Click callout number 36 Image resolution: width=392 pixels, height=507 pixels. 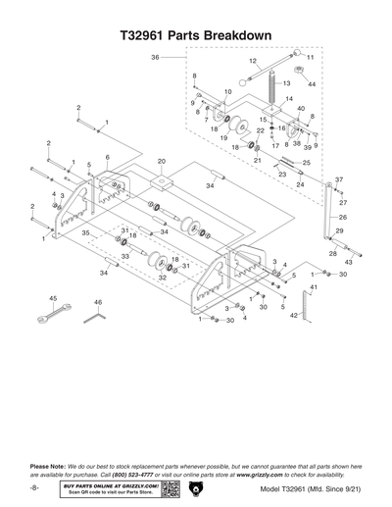155,58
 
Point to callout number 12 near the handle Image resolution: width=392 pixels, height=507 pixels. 252,62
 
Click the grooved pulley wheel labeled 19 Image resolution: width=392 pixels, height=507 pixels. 236,124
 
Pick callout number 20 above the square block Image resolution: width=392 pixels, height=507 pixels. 162,160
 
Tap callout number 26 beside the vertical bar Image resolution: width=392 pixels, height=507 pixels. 342,216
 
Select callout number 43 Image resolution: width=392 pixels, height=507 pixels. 350,264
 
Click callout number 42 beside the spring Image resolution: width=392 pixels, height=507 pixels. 293,315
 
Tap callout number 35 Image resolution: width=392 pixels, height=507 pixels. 85,232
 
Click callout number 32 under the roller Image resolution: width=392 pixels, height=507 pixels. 162,279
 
